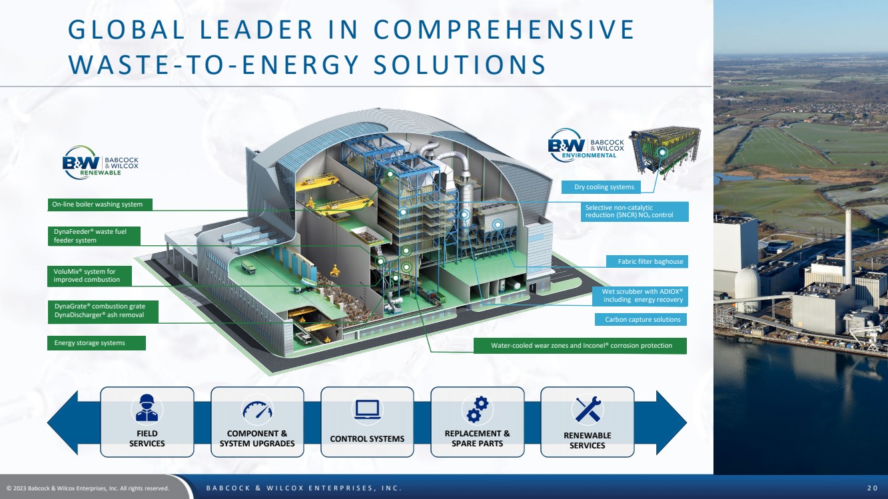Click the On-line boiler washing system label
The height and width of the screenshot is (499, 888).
pos(100,205)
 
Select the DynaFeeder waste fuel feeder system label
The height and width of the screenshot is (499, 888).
pos(94,237)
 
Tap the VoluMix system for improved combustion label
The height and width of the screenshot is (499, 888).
pos(89,276)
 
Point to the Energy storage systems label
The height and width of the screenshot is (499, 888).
pos(97,343)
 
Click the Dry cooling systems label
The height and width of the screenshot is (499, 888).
pos(601,187)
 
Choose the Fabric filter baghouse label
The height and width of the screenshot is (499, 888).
pos(647,262)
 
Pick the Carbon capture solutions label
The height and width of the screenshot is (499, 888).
pos(641,320)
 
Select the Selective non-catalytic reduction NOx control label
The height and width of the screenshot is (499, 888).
pos(635,212)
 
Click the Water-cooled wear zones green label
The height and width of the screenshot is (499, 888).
pos(580,346)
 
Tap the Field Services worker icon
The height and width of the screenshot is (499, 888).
pos(147,408)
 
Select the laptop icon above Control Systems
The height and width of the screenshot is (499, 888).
pos(368,410)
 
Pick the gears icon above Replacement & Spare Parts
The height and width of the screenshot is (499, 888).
pos(478,409)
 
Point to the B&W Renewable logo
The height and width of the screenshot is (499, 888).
pos(101,163)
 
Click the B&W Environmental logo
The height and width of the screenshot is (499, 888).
pos(586,145)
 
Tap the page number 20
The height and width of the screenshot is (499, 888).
pos(873,488)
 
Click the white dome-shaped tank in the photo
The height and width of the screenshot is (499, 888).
pos(747,284)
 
